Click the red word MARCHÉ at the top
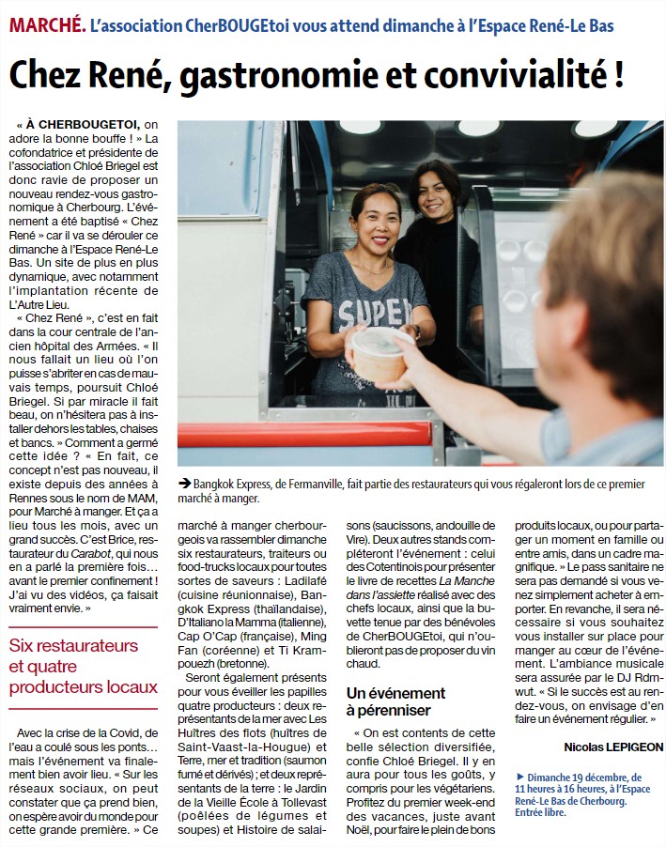pyautogui.click(x=46, y=25)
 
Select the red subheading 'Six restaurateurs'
pyautogui.click(x=73, y=645)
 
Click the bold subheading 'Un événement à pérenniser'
pyautogui.click(x=395, y=701)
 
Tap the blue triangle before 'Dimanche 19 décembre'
pyautogui.click(x=520, y=778)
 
